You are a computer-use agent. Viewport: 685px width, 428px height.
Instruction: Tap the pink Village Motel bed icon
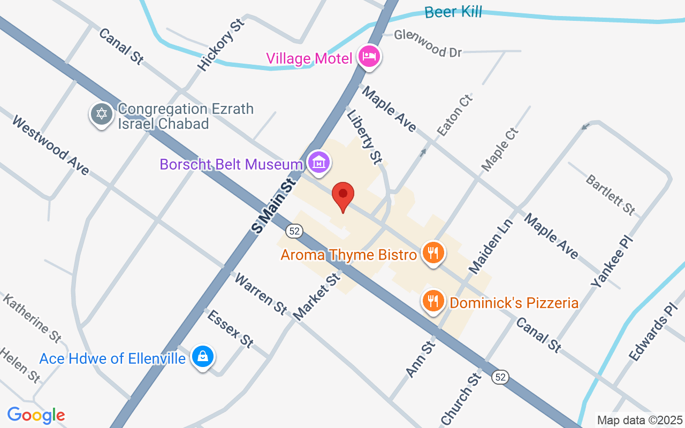tap(369, 56)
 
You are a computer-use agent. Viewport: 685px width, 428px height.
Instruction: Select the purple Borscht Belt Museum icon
tap(319, 162)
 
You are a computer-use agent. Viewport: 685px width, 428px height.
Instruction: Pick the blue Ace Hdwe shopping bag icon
tap(203, 356)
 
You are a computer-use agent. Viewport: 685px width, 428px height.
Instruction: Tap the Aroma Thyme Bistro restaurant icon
tap(433, 252)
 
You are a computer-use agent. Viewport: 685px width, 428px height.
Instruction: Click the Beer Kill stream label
tap(453, 12)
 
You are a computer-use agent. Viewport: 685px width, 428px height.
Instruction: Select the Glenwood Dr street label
tap(428, 43)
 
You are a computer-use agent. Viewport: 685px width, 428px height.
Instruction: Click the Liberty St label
tap(364, 136)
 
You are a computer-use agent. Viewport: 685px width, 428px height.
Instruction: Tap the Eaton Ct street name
tap(455, 115)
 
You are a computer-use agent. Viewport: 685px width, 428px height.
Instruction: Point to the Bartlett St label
tap(610, 195)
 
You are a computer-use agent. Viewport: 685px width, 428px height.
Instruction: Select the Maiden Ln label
tap(490, 246)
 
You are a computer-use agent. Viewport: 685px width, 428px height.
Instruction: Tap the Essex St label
tap(230, 328)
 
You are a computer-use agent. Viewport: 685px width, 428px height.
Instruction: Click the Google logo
tap(36, 415)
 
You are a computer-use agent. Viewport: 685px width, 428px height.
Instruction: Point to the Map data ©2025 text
tap(640, 420)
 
